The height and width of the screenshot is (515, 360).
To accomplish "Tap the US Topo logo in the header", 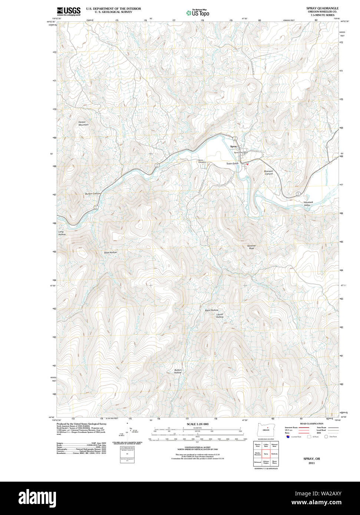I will coord(198,13).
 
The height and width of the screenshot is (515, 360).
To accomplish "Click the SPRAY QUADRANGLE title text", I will coord(322,8).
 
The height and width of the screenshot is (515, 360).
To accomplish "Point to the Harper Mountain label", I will coord(83,123).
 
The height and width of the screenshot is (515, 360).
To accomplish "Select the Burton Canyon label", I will coord(93,194).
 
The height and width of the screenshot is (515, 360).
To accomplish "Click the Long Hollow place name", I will coord(62,233).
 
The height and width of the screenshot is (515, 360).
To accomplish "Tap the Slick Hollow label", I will coord(110,252).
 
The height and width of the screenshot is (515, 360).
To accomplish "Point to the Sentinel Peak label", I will coord(251,247).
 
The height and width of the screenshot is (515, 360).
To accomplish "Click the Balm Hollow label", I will coord(211,310).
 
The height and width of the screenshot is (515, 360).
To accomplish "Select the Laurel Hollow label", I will coord(220,315).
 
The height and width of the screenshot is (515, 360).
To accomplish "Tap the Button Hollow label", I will coord(178,371).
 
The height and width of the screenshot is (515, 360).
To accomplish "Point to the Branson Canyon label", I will coord(268,172).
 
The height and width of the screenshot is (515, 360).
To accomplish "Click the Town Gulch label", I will coord(232,163).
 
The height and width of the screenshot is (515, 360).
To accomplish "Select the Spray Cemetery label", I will coord(202,162).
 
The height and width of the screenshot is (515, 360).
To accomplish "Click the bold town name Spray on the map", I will coord(234,147).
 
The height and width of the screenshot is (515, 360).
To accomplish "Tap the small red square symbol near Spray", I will coord(247,165).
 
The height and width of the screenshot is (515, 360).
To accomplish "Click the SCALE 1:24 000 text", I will coord(198,424).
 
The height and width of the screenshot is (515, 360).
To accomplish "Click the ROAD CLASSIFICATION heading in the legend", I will coord(311,423).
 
